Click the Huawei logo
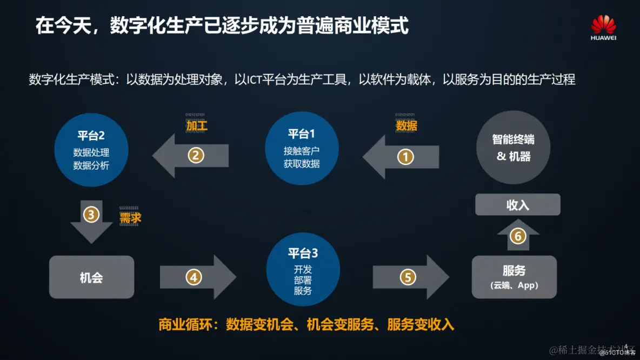[603, 28]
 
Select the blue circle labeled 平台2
[91, 149]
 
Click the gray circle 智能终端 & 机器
[514, 148]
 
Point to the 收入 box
[517, 205]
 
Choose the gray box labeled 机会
[91, 277]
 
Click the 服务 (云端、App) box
[514, 277]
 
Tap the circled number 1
[405, 157]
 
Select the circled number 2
[196, 156]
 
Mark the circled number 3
[91, 215]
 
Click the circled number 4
[194, 277]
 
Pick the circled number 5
[408, 277]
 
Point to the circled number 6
[518, 236]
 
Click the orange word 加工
[197, 126]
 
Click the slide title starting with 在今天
[222, 25]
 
